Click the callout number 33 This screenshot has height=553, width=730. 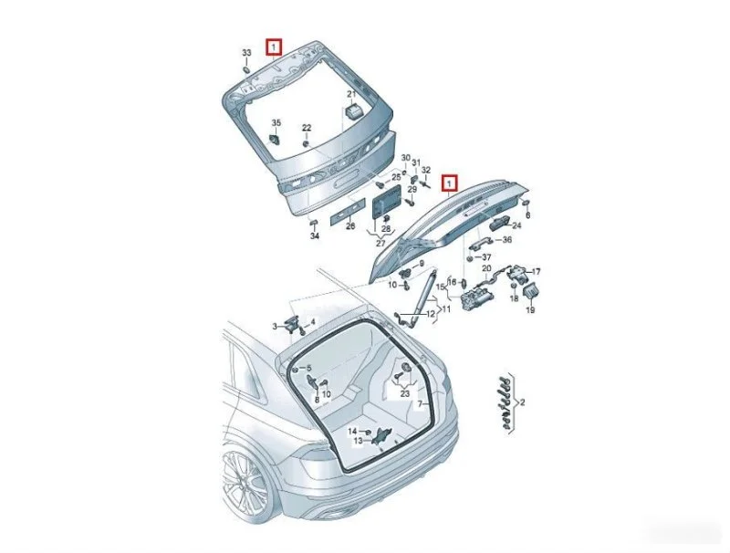pyautogui.click(x=246, y=53)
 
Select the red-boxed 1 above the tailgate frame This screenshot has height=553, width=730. pyautogui.click(x=274, y=47)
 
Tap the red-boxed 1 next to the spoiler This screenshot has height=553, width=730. pyautogui.click(x=450, y=183)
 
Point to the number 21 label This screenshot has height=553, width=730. pyautogui.click(x=351, y=95)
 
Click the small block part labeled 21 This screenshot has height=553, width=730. pyautogui.click(x=354, y=111)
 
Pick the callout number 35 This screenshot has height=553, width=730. pyautogui.click(x=276, y=123)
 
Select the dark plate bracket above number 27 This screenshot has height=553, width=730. pyautogui.click(x=386, y=201)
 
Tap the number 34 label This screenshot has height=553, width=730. pyautogui.click(x=315, y=236)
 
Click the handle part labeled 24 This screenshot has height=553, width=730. pyautogui.click(x=499, y=224)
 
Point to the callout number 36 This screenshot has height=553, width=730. pyautogui.click(x=507, y=240)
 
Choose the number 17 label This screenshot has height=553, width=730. pyautogui.click(x=537, y=271)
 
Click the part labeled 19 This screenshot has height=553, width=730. pyautogui.click(x=531, y=292)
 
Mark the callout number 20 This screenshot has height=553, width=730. pyautogui.click(x=486, y=268)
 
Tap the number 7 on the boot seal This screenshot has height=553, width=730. pyautogui.click(x=420, y=403)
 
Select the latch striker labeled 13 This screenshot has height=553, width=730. pyautogui.click(x=382, y=436)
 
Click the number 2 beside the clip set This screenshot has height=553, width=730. pyautogui.click(x=522, y=402)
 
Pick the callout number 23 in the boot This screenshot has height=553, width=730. pyautogui.click(x=405, y=394)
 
